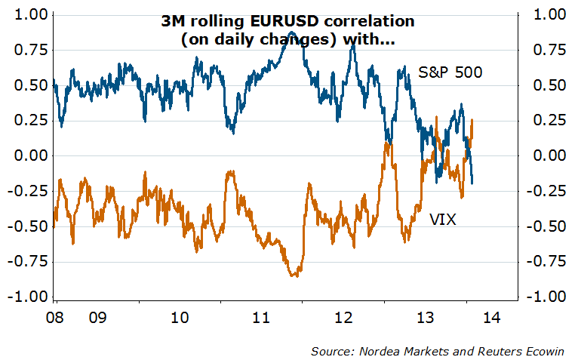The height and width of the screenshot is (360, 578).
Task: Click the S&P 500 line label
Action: click(x=450, y=72)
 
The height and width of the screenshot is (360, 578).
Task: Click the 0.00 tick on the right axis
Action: click(x=549, y=155)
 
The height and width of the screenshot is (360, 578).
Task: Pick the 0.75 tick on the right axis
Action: click(x=549, y=50)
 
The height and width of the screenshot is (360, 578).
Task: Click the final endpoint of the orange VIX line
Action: click(x=472, y=120)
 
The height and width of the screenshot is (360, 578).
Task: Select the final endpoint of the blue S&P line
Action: click(x=472, y=183)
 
